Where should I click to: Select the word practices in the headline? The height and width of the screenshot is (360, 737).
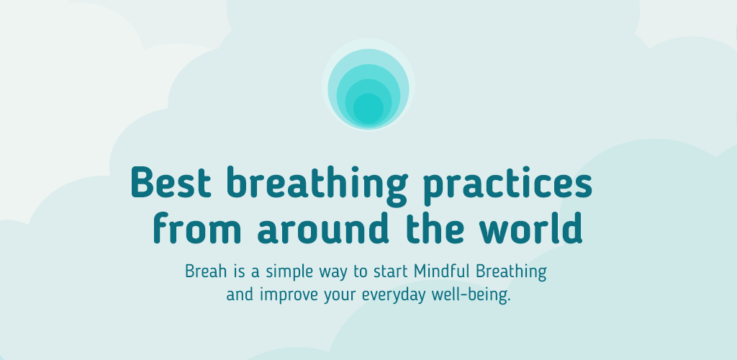tap(507, 186)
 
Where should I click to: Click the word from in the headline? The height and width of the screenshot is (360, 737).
tap(197, 228)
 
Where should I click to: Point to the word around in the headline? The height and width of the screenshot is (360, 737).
tap(323, 228)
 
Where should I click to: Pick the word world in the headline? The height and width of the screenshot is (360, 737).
tap(530, 228)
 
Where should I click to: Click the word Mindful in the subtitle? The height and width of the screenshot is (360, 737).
tap(442, 271)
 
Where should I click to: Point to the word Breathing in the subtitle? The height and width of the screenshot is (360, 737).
tap(511, 273)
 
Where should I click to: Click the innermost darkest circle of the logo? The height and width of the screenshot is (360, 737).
tap(368, 109)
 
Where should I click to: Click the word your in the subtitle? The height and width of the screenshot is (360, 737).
tap(340, 298)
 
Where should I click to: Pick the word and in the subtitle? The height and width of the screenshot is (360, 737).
tap(240, 294)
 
